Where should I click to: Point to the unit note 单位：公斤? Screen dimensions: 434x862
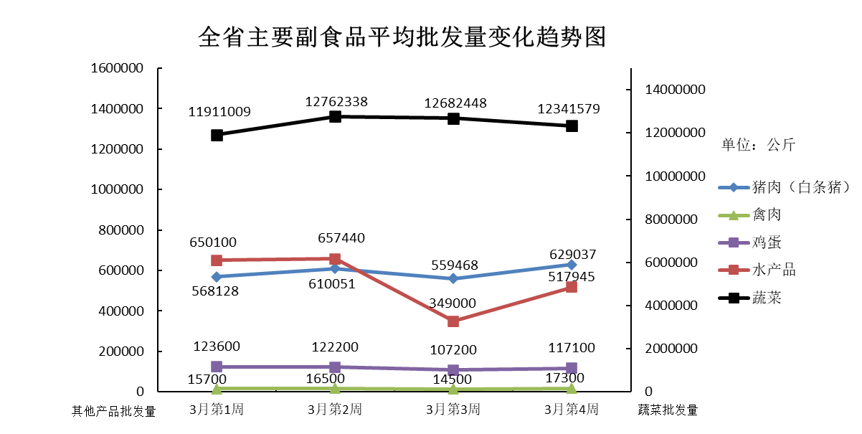758,145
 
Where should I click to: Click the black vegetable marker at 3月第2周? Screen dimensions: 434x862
335,116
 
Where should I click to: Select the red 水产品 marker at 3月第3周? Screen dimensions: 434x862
453,321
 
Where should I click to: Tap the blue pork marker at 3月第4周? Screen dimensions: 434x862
572,265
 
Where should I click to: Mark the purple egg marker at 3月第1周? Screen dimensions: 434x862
217,367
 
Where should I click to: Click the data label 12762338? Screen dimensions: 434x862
336,102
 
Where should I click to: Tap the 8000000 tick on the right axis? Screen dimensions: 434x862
673,219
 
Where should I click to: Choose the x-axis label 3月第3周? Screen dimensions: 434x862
453,410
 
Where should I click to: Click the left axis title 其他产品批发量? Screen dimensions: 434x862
114,411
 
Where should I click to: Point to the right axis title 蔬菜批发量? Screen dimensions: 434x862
668,410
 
